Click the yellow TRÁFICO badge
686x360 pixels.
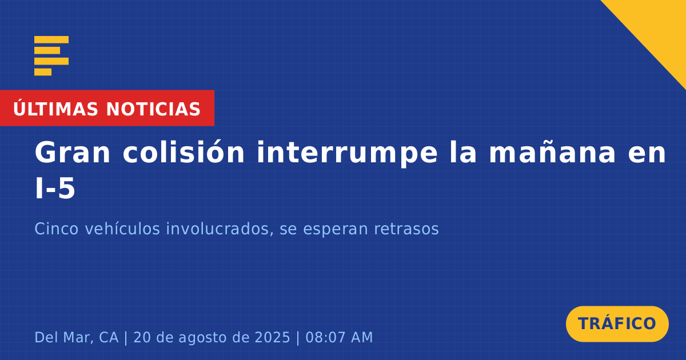pos(617,323)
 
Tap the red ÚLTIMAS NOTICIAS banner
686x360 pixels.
pos(107,108)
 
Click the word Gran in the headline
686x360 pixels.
pos(73,153)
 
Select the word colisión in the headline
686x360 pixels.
pos(184,152)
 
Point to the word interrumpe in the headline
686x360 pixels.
pos(347,154)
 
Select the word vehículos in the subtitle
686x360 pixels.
pos(122,229)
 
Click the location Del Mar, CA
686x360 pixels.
pos(76,337)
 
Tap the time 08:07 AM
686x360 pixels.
pos(339,337)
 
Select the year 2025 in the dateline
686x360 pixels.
pos(272,337)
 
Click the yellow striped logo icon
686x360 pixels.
pos(51,56)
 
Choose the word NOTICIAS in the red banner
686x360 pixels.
pos(153,109)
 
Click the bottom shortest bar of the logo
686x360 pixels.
pos(43,72)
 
